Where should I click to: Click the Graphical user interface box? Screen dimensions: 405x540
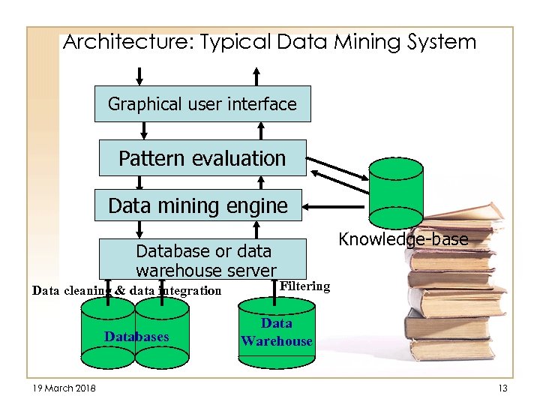[202, 104]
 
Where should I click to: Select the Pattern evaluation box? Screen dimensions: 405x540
[202, 158]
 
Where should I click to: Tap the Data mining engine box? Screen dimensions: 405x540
[198, 205]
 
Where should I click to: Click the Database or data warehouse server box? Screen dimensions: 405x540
[203, 259]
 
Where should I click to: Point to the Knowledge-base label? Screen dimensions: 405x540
[403, 239]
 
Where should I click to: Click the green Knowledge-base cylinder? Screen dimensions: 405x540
[396, 192]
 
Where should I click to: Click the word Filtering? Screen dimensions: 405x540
[304, 286]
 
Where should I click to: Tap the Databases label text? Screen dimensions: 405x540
[136, 337]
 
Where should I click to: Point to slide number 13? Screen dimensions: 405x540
[502, 387]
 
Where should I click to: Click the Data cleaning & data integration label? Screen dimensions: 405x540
[127, 291]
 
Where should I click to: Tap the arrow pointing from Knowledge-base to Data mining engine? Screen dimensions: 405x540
[337, 204]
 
